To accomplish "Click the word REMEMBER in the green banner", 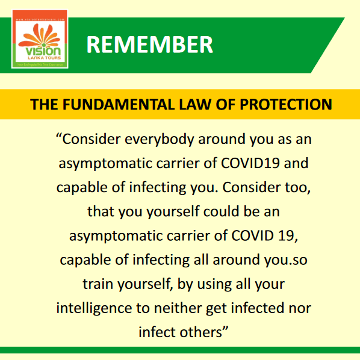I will click(149, 45).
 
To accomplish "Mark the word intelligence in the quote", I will click(95, 308).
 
